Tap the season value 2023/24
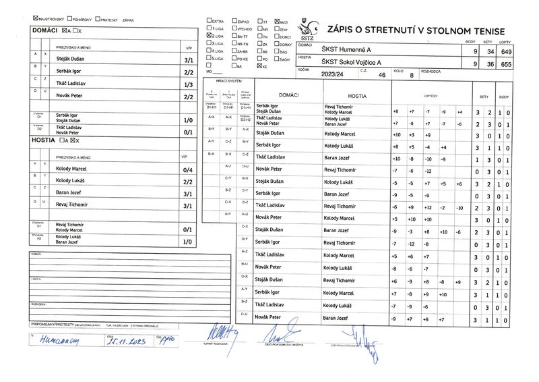(333, 75)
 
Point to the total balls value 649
(507, 51)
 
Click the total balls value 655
(507, 64)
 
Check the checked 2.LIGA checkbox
(209, 34)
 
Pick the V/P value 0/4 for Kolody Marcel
(188, 169)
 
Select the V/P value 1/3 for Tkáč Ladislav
(188, 84)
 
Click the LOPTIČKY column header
(429, 97)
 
